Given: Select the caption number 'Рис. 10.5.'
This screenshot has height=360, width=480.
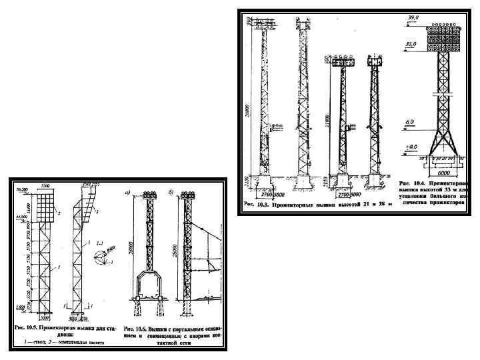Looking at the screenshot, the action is (x=29, y=329).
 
